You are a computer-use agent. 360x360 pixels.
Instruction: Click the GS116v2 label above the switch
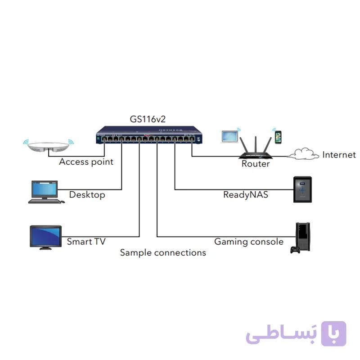[x=148, y=119]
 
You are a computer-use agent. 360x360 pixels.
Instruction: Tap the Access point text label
[x=86, y=162]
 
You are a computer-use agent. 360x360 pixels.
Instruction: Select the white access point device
[x=48, y=147]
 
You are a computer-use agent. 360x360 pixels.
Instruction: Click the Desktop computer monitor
[x=45, y=189]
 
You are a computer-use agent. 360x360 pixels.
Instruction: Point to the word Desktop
[x=87, y=195]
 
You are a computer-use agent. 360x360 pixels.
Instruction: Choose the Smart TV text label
[x=86, y=242]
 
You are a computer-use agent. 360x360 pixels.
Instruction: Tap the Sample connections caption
[x=163, y=253]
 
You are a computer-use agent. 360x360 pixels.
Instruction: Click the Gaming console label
[x=249, y=242]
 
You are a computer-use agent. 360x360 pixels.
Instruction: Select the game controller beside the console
[x=295, y=250]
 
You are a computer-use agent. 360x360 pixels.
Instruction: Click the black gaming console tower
[x=303, y=236]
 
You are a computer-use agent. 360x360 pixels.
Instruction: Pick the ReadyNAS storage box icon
[x=302, y=189]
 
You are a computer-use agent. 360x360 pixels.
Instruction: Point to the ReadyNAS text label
[x=246, y=195]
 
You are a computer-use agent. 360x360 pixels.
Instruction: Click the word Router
[x=256, y=164]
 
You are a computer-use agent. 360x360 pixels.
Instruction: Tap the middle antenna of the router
[x=256, y=144]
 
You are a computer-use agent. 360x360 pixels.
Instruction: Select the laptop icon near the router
[x=230, y=137]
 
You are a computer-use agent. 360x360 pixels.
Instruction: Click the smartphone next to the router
[x=278, y=137]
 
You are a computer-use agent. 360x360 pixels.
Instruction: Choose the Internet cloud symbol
[x=303, y=154]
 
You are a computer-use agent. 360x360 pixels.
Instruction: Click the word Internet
[x=339, y=155]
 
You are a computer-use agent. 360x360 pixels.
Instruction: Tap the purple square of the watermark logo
[x=333, y=333]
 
